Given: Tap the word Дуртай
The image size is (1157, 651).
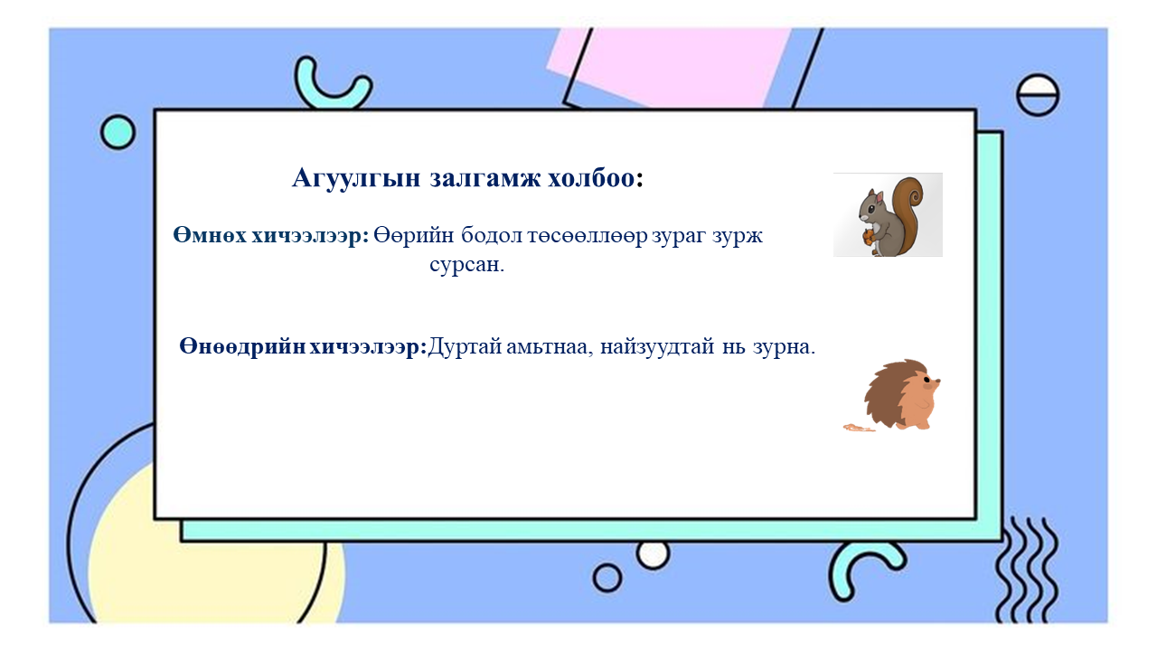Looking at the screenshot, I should (466, 347).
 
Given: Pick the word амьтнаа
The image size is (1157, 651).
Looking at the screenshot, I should (550, 347).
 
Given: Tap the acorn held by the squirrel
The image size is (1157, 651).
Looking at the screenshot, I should (868, 239).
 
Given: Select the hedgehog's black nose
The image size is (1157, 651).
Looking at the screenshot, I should (937, 382).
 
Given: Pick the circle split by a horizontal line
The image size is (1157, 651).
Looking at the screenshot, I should (1037, 94).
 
